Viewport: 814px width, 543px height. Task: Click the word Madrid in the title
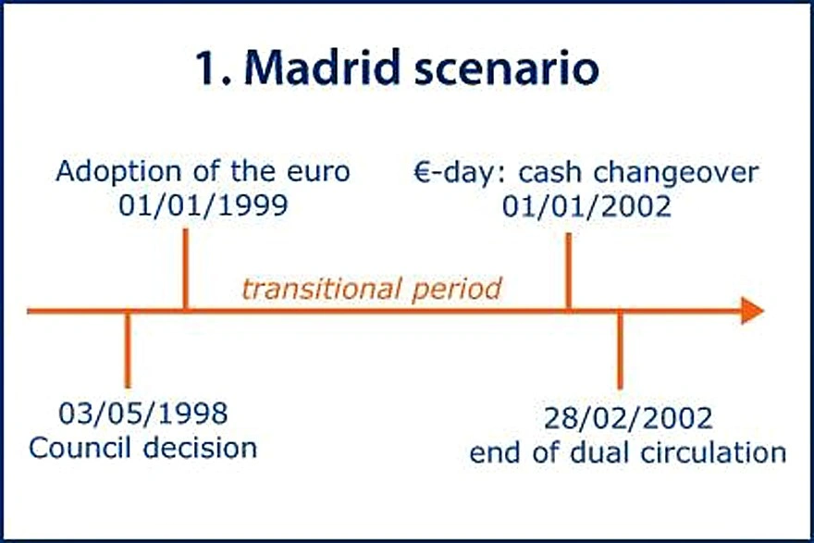323,68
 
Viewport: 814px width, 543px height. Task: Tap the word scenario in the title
507,69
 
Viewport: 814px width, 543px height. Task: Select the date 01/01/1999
203,205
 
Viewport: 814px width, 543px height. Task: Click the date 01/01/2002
586,206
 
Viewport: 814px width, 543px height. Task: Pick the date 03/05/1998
143,413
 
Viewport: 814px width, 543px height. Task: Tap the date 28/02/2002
628,418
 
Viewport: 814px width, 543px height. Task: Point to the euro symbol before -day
423,173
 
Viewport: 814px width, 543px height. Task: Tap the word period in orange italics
457,290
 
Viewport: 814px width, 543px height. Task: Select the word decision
201,448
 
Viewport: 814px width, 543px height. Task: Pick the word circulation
713,452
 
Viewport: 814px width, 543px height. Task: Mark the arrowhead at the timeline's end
752,311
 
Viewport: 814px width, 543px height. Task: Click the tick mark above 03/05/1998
128,350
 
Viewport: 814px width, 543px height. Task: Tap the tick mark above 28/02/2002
620,350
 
